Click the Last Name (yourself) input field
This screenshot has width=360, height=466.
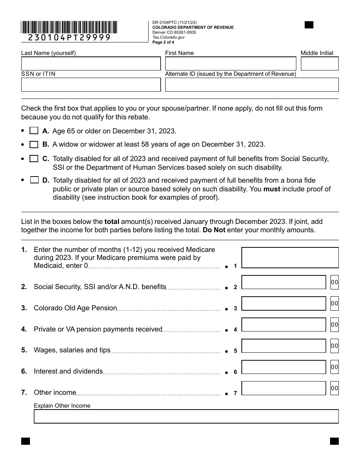click(x=91, y=64)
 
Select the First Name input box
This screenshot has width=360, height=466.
click(x=230, y=64)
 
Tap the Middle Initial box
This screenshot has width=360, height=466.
click(x=319, y=64)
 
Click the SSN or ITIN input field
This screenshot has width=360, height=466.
click(x=91, y=85)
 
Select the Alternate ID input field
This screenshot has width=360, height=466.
click(x=252, y=85)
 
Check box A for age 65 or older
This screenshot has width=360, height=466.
click(x=34, y=131)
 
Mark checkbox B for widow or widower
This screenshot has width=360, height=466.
click(x=34, y=144)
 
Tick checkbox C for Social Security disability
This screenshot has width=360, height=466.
click(x=34, y=159)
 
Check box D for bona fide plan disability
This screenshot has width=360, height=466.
click(x=34, y=180)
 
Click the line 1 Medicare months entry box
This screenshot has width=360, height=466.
click(x=290, y=258)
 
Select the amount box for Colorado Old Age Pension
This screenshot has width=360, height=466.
click(x=283, y=303)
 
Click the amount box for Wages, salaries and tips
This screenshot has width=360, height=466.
click(x=283, y=346)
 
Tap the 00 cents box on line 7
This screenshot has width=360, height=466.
click(x=334, y=388)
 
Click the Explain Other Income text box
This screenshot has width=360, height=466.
click(x=186, y=416)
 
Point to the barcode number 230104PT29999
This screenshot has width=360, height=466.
click(x=69, y=38)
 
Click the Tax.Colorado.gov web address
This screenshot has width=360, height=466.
click(x=169, y=38)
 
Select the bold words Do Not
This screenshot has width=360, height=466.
click(x=214, y=230)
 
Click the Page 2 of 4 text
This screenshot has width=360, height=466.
click(x=163, y=42)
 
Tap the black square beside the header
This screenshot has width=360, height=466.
click(x=309, y=25)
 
